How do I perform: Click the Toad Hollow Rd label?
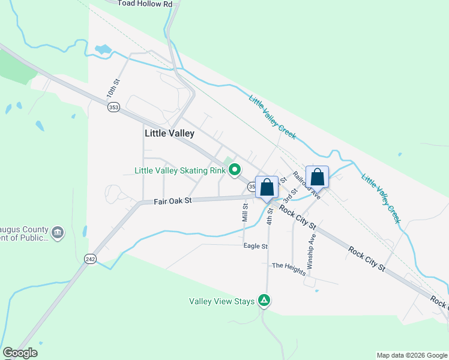coord(145,4)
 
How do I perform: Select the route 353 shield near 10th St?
coord(113,107)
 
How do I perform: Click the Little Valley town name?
coord(169,134)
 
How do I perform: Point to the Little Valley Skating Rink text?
coord(180,170)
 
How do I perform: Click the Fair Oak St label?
coord(172,201)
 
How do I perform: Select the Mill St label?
coord(246,214)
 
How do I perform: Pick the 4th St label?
coord(270,216)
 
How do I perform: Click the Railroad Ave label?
coord(307,185)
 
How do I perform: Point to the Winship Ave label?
coord(311,250)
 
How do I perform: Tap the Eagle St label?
coord(256,246)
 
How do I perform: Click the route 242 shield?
coord(90,259)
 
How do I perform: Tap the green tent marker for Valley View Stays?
coord(264,300)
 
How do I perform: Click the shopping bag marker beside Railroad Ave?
coord(318,178)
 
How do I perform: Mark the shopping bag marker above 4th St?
coord(267,187)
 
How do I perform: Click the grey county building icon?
coord(58,232)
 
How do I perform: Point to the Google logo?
coord(20,353)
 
